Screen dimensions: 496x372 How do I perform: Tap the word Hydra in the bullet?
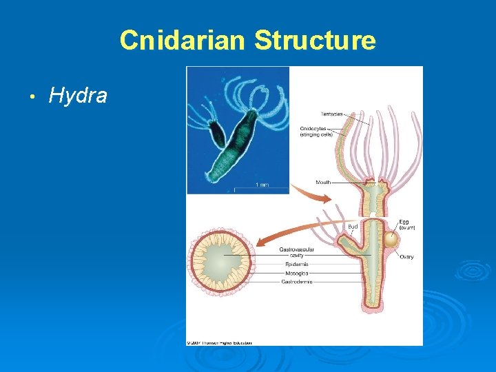coord(78,96)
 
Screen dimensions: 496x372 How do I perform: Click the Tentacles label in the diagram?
coord(332,114)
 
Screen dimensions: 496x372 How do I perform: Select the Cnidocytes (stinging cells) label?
coord(316,131)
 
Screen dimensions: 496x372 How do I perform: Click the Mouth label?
coord(323,183)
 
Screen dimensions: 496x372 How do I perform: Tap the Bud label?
coord(352,226)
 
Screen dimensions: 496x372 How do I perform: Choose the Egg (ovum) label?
coord(407,225)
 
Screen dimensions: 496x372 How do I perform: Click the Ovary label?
coord(406,257)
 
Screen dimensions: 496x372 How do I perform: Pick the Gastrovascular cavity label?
coord(292,252)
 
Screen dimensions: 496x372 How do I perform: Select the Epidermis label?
coord(296,264)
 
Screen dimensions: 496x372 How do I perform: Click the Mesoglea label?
coord(296,273)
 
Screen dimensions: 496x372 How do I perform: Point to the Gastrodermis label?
coord(297,282)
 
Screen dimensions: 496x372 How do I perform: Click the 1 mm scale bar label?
coord(262,185)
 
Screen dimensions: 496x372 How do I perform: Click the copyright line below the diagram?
coord(219,342)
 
